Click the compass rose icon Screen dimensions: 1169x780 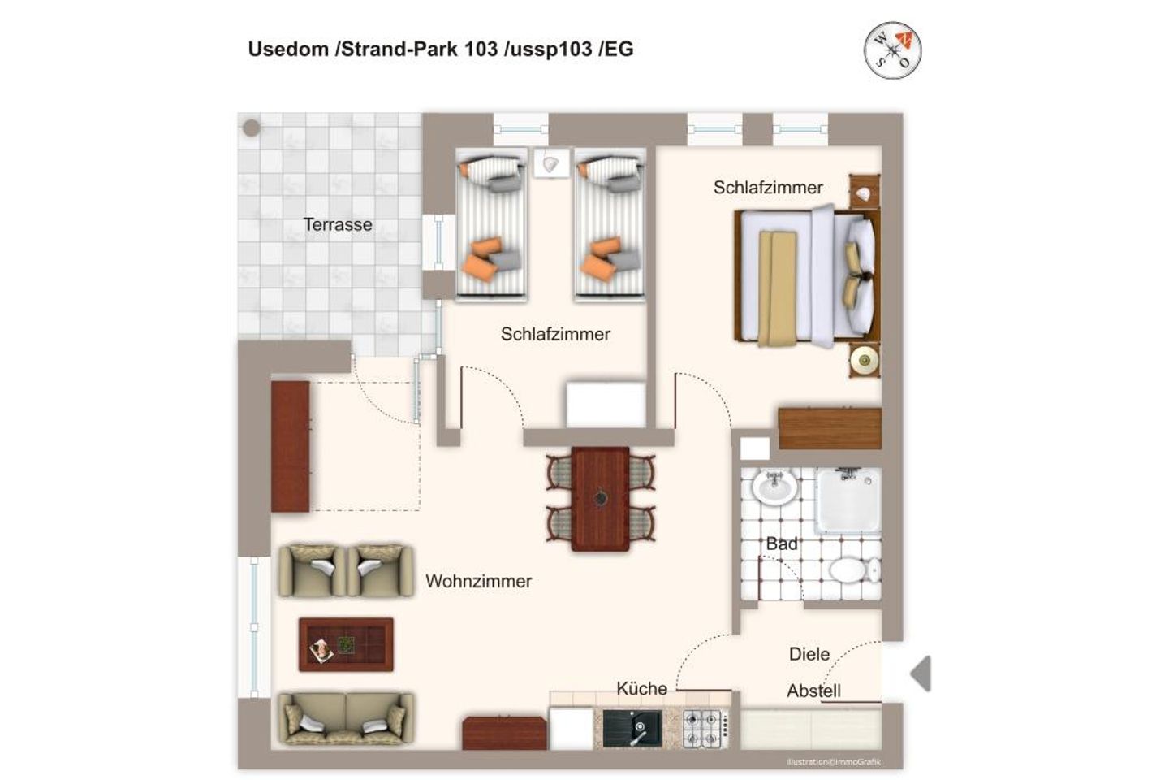[x=892, y=50]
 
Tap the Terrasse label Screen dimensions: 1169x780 [x=338, y=224]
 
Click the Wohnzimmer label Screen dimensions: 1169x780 [x=479, y=581]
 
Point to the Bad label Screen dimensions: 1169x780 [x=781, y=544]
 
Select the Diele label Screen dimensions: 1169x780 [x=809, y=654]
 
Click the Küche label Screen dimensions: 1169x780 [x=641, y=688]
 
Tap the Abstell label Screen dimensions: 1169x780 [x=813, y=691]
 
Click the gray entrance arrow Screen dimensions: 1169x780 [x=921, y=674]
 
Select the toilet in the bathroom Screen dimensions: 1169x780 [x=854, y=570]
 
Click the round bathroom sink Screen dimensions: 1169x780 [x=774, y=487]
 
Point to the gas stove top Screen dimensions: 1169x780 [x=705, y=728]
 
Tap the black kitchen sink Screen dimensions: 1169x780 [x=632, y=728]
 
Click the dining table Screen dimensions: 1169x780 [x=600, y=499]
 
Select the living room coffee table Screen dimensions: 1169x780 [x=346, y=644]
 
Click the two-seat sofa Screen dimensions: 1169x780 [x=346, y=718]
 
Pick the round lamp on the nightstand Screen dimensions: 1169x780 [x=865, y=360]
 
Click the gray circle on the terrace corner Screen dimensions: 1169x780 [x=252, y=128]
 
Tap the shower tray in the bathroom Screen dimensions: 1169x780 [x=848, y=500]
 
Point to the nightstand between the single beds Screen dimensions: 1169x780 [x=550, y=163]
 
